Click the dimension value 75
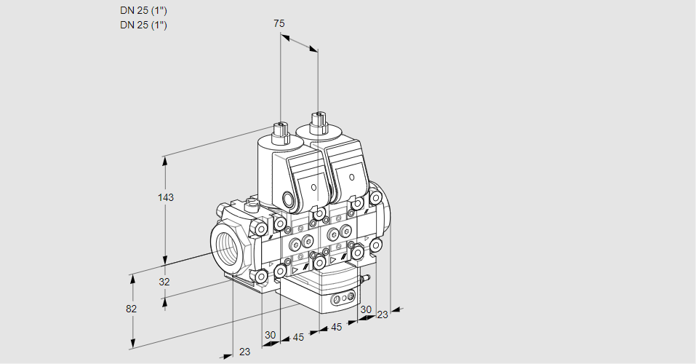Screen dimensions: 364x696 pos(279,23)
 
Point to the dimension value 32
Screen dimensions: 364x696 pos(164,282)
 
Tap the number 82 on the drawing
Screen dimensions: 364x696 pos(131,309)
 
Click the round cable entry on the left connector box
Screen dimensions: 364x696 pos(289,199)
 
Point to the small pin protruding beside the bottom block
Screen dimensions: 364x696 pos(367,277)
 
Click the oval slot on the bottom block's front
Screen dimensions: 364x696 pos(340,298)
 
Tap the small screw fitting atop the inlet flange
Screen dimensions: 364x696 pos(252,205)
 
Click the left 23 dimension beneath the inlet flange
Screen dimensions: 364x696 pos(244,352)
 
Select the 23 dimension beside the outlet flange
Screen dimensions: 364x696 pos(382,314)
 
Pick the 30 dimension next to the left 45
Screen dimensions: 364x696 pos(271,335)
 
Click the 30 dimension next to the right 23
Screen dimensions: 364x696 pos(365,309)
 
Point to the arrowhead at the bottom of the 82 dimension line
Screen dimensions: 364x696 pos(133,344)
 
